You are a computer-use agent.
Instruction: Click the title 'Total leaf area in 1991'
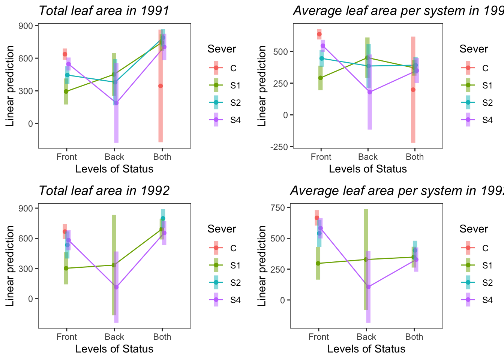pos(104,11)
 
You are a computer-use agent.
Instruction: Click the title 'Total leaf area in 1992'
pos(104,191)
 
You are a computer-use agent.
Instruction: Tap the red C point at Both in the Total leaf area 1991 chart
pos(160,86)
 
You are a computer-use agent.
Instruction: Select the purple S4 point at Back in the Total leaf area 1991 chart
pos(116,103)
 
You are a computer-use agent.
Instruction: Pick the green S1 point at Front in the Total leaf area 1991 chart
pos(66,91)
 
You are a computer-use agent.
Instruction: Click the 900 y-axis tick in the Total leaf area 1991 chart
pos(28,25)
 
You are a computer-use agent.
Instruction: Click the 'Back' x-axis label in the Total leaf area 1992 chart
pos(114,337)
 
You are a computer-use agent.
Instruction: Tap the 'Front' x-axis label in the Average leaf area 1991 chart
pos(321,157)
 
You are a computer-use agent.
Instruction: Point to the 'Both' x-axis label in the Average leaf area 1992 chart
pos(414,337)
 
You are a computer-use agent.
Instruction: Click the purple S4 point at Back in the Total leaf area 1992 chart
pos(116,287)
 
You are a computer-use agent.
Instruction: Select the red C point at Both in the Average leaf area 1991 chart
pos(413,90)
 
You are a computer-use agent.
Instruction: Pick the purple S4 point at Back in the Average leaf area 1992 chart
pos(368,287)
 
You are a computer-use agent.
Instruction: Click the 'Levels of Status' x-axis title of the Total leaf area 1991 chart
pos(114,169)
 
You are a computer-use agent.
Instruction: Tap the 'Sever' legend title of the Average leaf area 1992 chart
pos(474,229)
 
